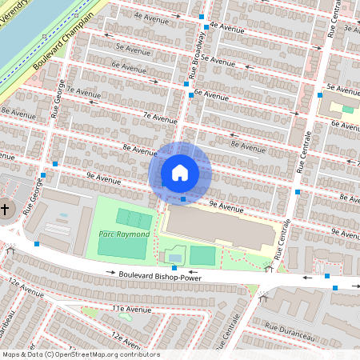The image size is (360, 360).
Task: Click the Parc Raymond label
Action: point(124,234)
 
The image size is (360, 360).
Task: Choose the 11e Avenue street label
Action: point(131,308)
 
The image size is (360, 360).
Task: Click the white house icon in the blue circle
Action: point(180,172)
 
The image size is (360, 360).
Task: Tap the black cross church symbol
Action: point(5,210)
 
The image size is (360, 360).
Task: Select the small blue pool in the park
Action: point(174,257)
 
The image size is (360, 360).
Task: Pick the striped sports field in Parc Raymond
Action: point(134,218)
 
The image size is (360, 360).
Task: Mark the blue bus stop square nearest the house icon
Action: point(183,198)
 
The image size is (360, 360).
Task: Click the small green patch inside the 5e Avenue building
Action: point(348,109)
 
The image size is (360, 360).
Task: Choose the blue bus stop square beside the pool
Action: point(174,267)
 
